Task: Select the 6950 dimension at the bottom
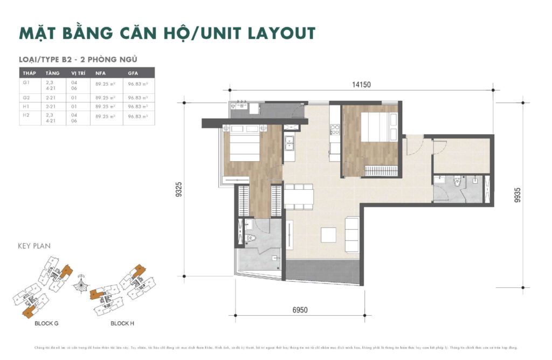point(300,310)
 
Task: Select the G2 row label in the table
point(26,98)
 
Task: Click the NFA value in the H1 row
point(102,107)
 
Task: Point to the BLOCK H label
point(122,323)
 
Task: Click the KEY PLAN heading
point(34,246)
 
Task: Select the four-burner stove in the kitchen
point(334,129)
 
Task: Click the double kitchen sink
point(289,143)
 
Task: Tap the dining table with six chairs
point(299,197)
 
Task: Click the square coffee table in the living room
point(328,235)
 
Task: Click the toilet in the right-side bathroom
point(459,183)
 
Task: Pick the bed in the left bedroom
point(246,144)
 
